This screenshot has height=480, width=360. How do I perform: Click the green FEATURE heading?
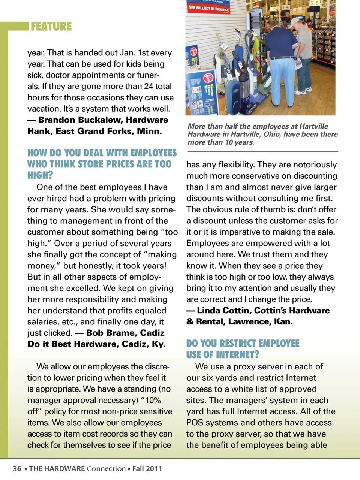tap(51, 27)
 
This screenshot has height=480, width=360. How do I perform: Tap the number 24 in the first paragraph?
tap(148, 86)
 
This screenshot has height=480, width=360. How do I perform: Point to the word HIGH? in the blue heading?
tap(40, 175)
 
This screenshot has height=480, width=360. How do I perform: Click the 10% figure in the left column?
tap(153, 400)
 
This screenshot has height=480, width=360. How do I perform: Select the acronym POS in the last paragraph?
tap(195, 423)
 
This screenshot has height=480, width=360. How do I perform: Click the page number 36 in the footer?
tap(17, 469)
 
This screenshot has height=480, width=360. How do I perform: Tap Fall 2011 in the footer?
tap(147, 469)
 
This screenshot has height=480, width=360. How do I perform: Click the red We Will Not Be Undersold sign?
tap(209, 8)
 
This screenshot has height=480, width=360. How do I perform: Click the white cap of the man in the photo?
tap(295, 21)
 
